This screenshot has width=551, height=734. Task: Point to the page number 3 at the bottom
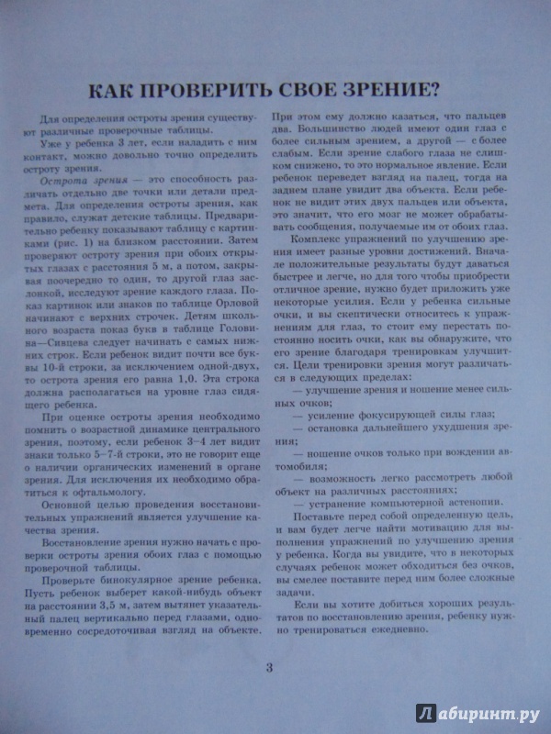click(x=269, y=667)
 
